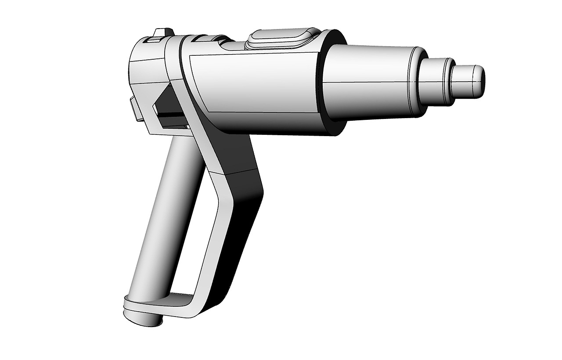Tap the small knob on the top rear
[162, 33]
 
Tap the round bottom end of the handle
[143, 318]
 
